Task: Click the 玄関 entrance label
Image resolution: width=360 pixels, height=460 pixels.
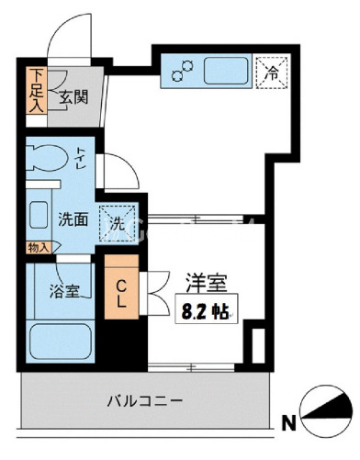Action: tap(73, 97)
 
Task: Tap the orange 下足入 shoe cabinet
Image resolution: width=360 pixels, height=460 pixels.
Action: tap(37, 91)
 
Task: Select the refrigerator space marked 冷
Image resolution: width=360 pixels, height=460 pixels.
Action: tap(272, 73)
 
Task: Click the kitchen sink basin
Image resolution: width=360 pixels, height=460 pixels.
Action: tap(226, 71)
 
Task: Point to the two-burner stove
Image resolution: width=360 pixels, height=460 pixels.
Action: tap(183, 71)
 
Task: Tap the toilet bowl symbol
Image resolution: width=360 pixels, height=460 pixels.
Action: tap(47, 158)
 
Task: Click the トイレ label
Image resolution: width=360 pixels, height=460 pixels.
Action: tap(81, 158)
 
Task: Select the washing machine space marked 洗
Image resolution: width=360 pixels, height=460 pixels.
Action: tap(118, 223)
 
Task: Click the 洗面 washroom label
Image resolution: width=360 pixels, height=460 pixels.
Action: tap(73, 219)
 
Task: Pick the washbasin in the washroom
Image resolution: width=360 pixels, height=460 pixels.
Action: tap(39, 215)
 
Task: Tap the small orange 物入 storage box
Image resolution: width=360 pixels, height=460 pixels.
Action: tap(39, 248)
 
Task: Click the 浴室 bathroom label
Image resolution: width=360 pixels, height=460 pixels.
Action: tap(64, 291)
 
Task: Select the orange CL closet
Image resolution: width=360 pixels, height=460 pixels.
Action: tap(121, 286)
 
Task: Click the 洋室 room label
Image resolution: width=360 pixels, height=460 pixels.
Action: tap(207, 283)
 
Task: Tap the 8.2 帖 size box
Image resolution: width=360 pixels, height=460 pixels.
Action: tap(207, 309)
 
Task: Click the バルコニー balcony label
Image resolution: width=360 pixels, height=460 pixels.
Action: tap(145, 400)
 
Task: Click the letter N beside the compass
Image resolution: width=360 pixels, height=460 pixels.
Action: tap(289, 424)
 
